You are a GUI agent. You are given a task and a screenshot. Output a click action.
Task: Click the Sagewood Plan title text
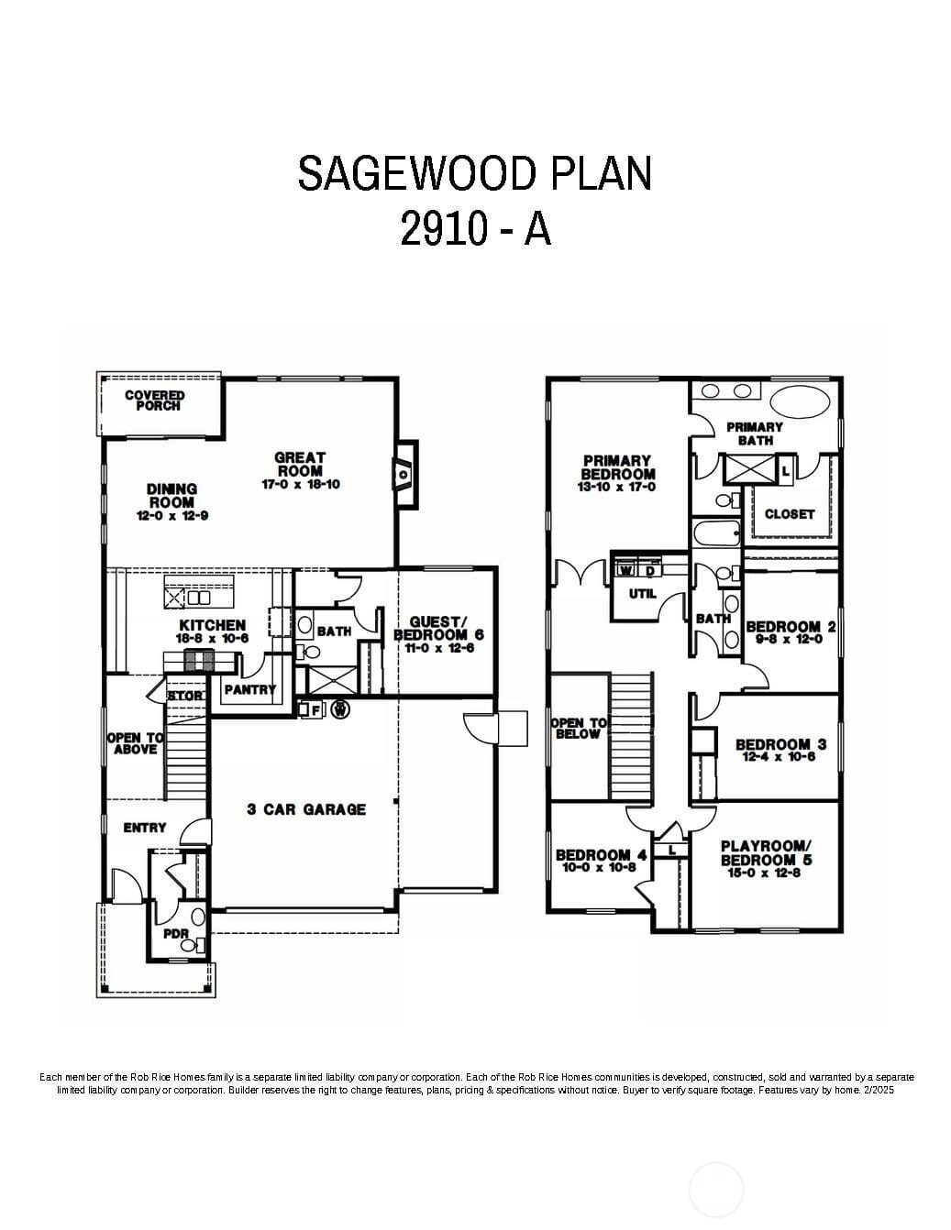[x=475, y=173]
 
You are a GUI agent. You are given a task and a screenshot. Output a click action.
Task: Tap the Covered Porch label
[x=154, y=401]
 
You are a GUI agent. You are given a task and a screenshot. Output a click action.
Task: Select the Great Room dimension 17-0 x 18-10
[x=300, y=484]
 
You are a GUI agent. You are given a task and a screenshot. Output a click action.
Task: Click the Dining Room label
[x=171, y=496]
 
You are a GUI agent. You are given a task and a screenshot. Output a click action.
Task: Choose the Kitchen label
[x=212, y=625]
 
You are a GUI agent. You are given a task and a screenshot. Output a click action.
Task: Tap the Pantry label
[x=249, y=689]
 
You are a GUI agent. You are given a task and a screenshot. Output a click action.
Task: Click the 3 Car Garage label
[x=306, y=809]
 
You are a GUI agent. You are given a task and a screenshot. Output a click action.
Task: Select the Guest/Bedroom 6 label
[x=438, y=629]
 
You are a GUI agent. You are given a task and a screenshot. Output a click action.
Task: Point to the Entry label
[x=145, y=828]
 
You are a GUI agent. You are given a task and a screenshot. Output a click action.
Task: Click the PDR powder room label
[x=175, y=934]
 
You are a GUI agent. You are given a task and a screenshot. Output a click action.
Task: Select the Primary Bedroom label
[x=617, y=467]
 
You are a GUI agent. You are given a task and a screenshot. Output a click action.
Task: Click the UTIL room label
[x=642, y=594]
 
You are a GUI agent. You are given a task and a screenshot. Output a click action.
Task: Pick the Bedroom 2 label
[x=791, y=627]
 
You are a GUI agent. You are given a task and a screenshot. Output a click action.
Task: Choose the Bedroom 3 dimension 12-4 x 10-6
[x=780, y=757]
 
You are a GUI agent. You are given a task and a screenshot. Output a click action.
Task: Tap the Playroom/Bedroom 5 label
[x=766, y=853]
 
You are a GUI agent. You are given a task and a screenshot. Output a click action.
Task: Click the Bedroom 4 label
[x=601, y=855]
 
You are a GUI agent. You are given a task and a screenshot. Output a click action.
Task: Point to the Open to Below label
[x=578, y=728]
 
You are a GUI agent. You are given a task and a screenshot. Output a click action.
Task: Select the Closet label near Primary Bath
[x=789, y=514]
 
